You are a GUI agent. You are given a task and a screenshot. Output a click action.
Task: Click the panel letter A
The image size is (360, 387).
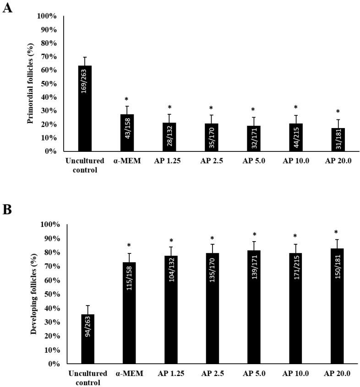tap(7, 8)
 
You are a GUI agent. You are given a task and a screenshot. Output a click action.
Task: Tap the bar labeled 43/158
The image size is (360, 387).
tap(127, 133)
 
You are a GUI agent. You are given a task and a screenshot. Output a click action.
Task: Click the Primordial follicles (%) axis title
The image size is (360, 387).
tap(31, 82)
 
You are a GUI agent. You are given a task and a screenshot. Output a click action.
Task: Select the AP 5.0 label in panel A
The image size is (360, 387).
tap(254, 160)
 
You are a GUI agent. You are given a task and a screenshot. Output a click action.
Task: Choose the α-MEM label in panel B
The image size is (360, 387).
tap(130, 373)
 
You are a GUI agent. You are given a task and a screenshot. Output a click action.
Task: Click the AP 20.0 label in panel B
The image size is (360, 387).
tap(337, 373)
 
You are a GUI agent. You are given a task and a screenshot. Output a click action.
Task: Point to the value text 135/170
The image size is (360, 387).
tap(212, 326)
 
